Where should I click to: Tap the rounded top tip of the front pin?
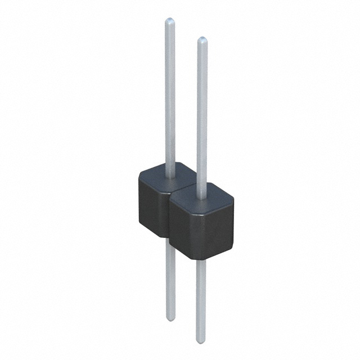coord(202,40)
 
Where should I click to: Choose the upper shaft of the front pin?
coord(202,112)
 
